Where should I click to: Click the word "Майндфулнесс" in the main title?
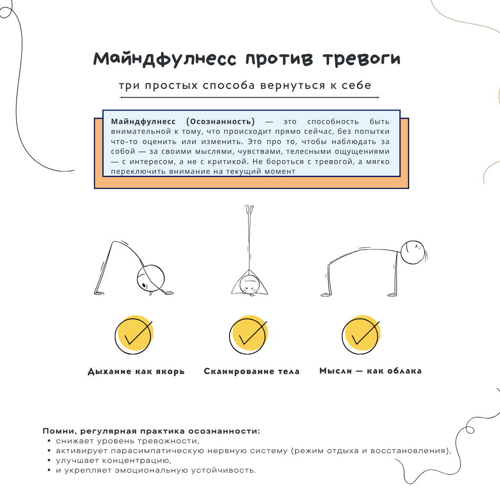click(165, 59)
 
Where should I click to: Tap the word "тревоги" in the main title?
click(361, 59)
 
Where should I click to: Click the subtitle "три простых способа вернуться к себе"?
click(245, 85)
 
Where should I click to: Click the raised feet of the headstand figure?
click(250, 210)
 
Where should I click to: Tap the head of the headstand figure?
click(250, 284)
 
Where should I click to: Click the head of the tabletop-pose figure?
click(412, 252)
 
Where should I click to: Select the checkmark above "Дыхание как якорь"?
click(134, 335)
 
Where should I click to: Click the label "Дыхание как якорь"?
click(136, 372)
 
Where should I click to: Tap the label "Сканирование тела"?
click(251, 372)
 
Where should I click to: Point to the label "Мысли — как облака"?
click(371, 371)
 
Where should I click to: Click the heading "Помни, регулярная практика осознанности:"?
click(151, 432)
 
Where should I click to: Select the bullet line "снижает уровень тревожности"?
click(127, 441)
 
